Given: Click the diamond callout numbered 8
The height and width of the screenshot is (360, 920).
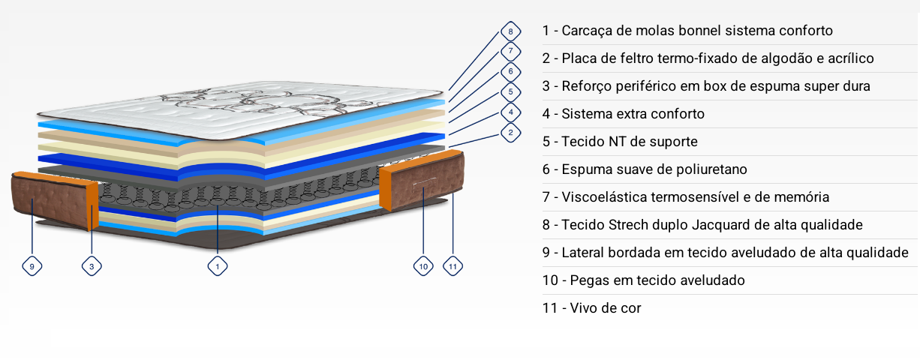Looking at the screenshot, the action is tap(510, 31).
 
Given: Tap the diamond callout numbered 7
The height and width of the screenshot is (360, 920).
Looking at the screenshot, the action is tap(510, 51).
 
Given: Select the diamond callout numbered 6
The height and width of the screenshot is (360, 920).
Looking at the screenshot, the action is tap(510, 72).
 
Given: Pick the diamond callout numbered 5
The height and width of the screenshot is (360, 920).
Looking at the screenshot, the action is tap(510, 92).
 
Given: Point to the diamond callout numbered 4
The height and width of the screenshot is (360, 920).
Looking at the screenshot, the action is tap(510, 112).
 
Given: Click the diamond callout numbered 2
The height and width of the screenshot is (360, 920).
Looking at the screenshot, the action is tap(510, 133).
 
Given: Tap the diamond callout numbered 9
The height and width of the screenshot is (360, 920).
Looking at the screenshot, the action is tap(32, 266).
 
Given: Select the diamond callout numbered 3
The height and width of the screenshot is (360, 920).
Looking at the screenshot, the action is tap(92, 266).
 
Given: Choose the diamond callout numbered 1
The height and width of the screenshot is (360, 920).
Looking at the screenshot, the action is tap(218, 266).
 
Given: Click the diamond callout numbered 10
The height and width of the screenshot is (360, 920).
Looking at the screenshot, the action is tap(423, 266).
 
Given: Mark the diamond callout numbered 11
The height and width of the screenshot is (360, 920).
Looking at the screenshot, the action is tap(452, 266).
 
